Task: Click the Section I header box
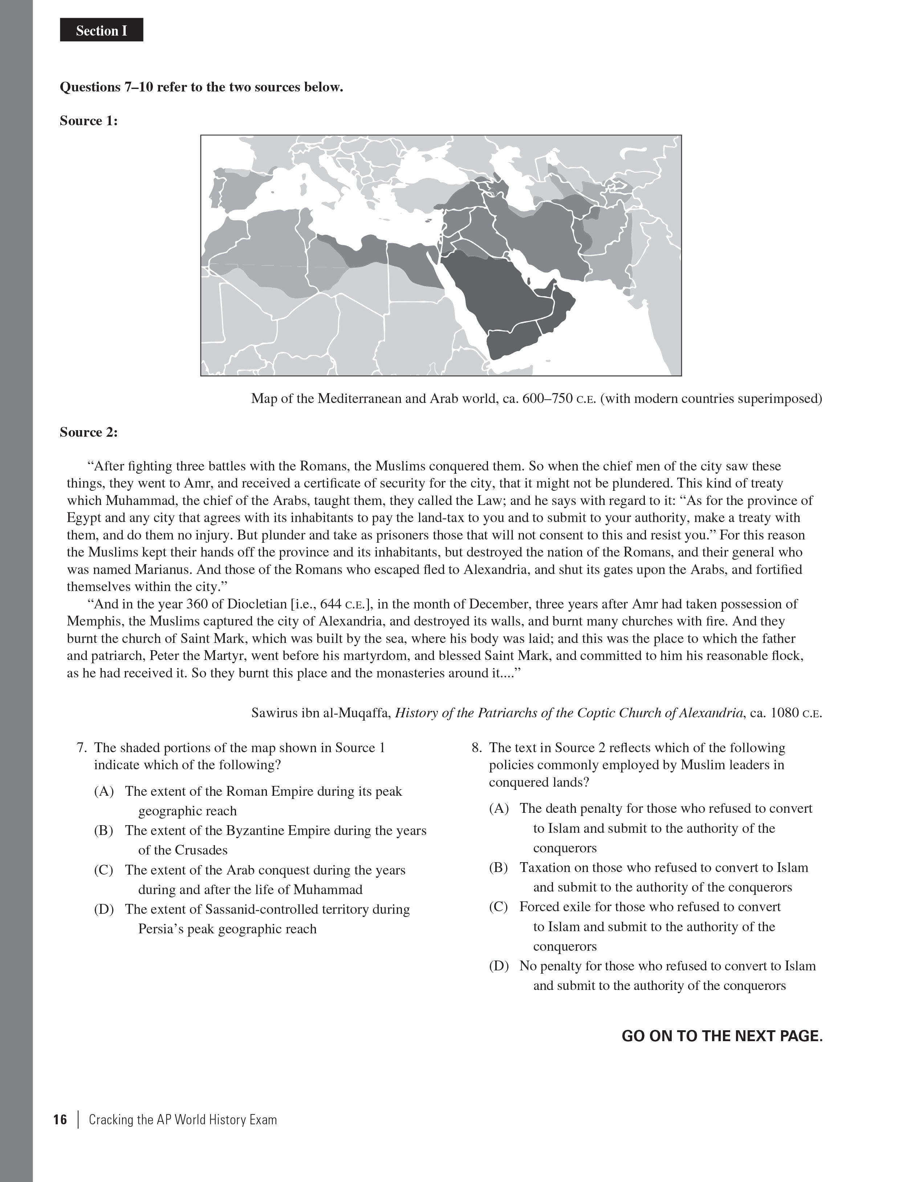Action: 101,31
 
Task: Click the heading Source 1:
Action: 88,120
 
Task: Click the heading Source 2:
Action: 88,432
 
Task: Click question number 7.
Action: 82,747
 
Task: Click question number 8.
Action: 476,747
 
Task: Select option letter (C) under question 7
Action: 103,870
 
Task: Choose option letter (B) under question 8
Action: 498,868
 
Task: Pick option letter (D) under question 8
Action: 499,966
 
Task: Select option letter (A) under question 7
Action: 103,791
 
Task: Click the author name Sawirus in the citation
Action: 276,713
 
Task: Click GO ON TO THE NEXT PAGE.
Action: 721,1036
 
